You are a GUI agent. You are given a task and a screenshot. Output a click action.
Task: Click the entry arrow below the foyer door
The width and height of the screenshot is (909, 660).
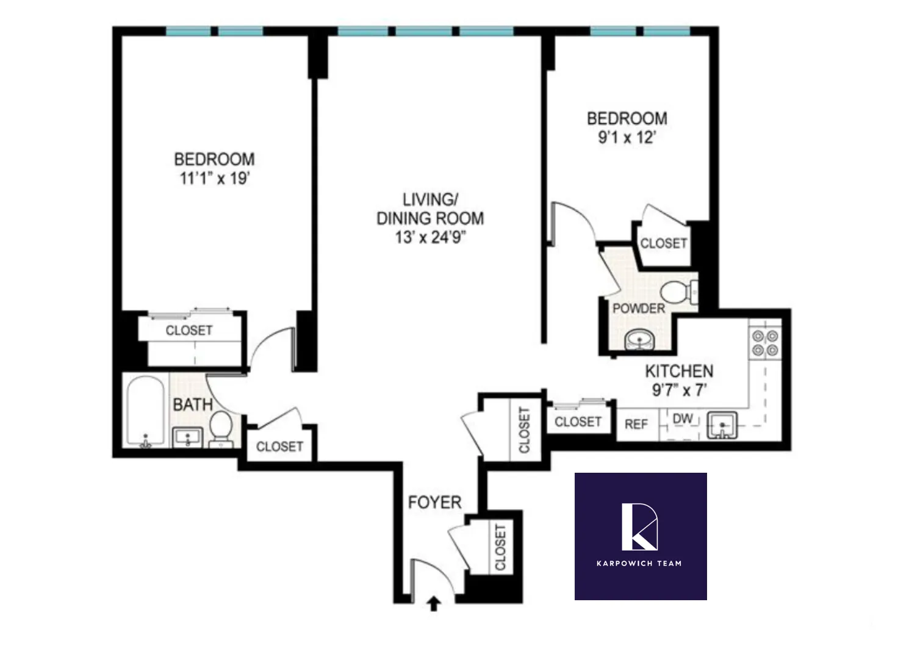pyautogui.click(x=434, y=604)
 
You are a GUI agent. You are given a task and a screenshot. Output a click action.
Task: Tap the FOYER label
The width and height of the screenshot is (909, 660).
pyautogui.click(x=434, y=503)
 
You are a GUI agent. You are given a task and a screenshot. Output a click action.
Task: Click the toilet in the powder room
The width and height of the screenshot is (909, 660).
pyautogui.click(x=677, y=293)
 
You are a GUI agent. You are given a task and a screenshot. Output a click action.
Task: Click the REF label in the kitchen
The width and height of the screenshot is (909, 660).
pyautogui.click(x=636, y=424)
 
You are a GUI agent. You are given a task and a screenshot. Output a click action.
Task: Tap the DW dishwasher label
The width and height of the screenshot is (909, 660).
pyautogui.click(x=683, y=419)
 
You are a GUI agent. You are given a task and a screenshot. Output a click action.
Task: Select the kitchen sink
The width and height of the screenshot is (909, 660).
pyautogui.click(x=722, y=425)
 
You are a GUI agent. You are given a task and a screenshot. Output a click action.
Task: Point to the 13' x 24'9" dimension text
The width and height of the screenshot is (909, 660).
pyautogui.click(x=431, y=237)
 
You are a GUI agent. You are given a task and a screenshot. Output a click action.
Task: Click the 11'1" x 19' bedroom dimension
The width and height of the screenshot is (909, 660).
pyautogui.click(x=215, y=179)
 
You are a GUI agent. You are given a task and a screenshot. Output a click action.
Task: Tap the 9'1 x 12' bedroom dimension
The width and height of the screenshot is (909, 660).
pyautogui.click(x=627, y=137)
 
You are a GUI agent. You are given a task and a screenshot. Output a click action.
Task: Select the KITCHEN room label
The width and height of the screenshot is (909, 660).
pyautogui.click(x=679, y=371)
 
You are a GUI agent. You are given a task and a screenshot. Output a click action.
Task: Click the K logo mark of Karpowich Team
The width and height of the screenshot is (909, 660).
pyautogui.click(x=639, y=526)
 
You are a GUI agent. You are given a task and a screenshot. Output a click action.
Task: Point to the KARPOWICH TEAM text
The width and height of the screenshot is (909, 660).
pyautogui.click(x=639, y=563)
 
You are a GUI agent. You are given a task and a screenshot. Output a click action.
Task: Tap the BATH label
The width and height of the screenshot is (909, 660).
pyautogui.click(x=193, y=404)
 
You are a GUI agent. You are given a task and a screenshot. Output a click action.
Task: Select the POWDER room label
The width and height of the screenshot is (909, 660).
pyautogui.click(x=639, y=309)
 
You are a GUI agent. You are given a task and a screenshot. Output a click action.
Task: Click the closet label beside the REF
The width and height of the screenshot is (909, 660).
pyautogui.click(x=578, y=421)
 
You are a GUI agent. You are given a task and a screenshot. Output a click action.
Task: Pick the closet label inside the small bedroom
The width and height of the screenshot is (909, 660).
pyautogui.click(x=663, y=243)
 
